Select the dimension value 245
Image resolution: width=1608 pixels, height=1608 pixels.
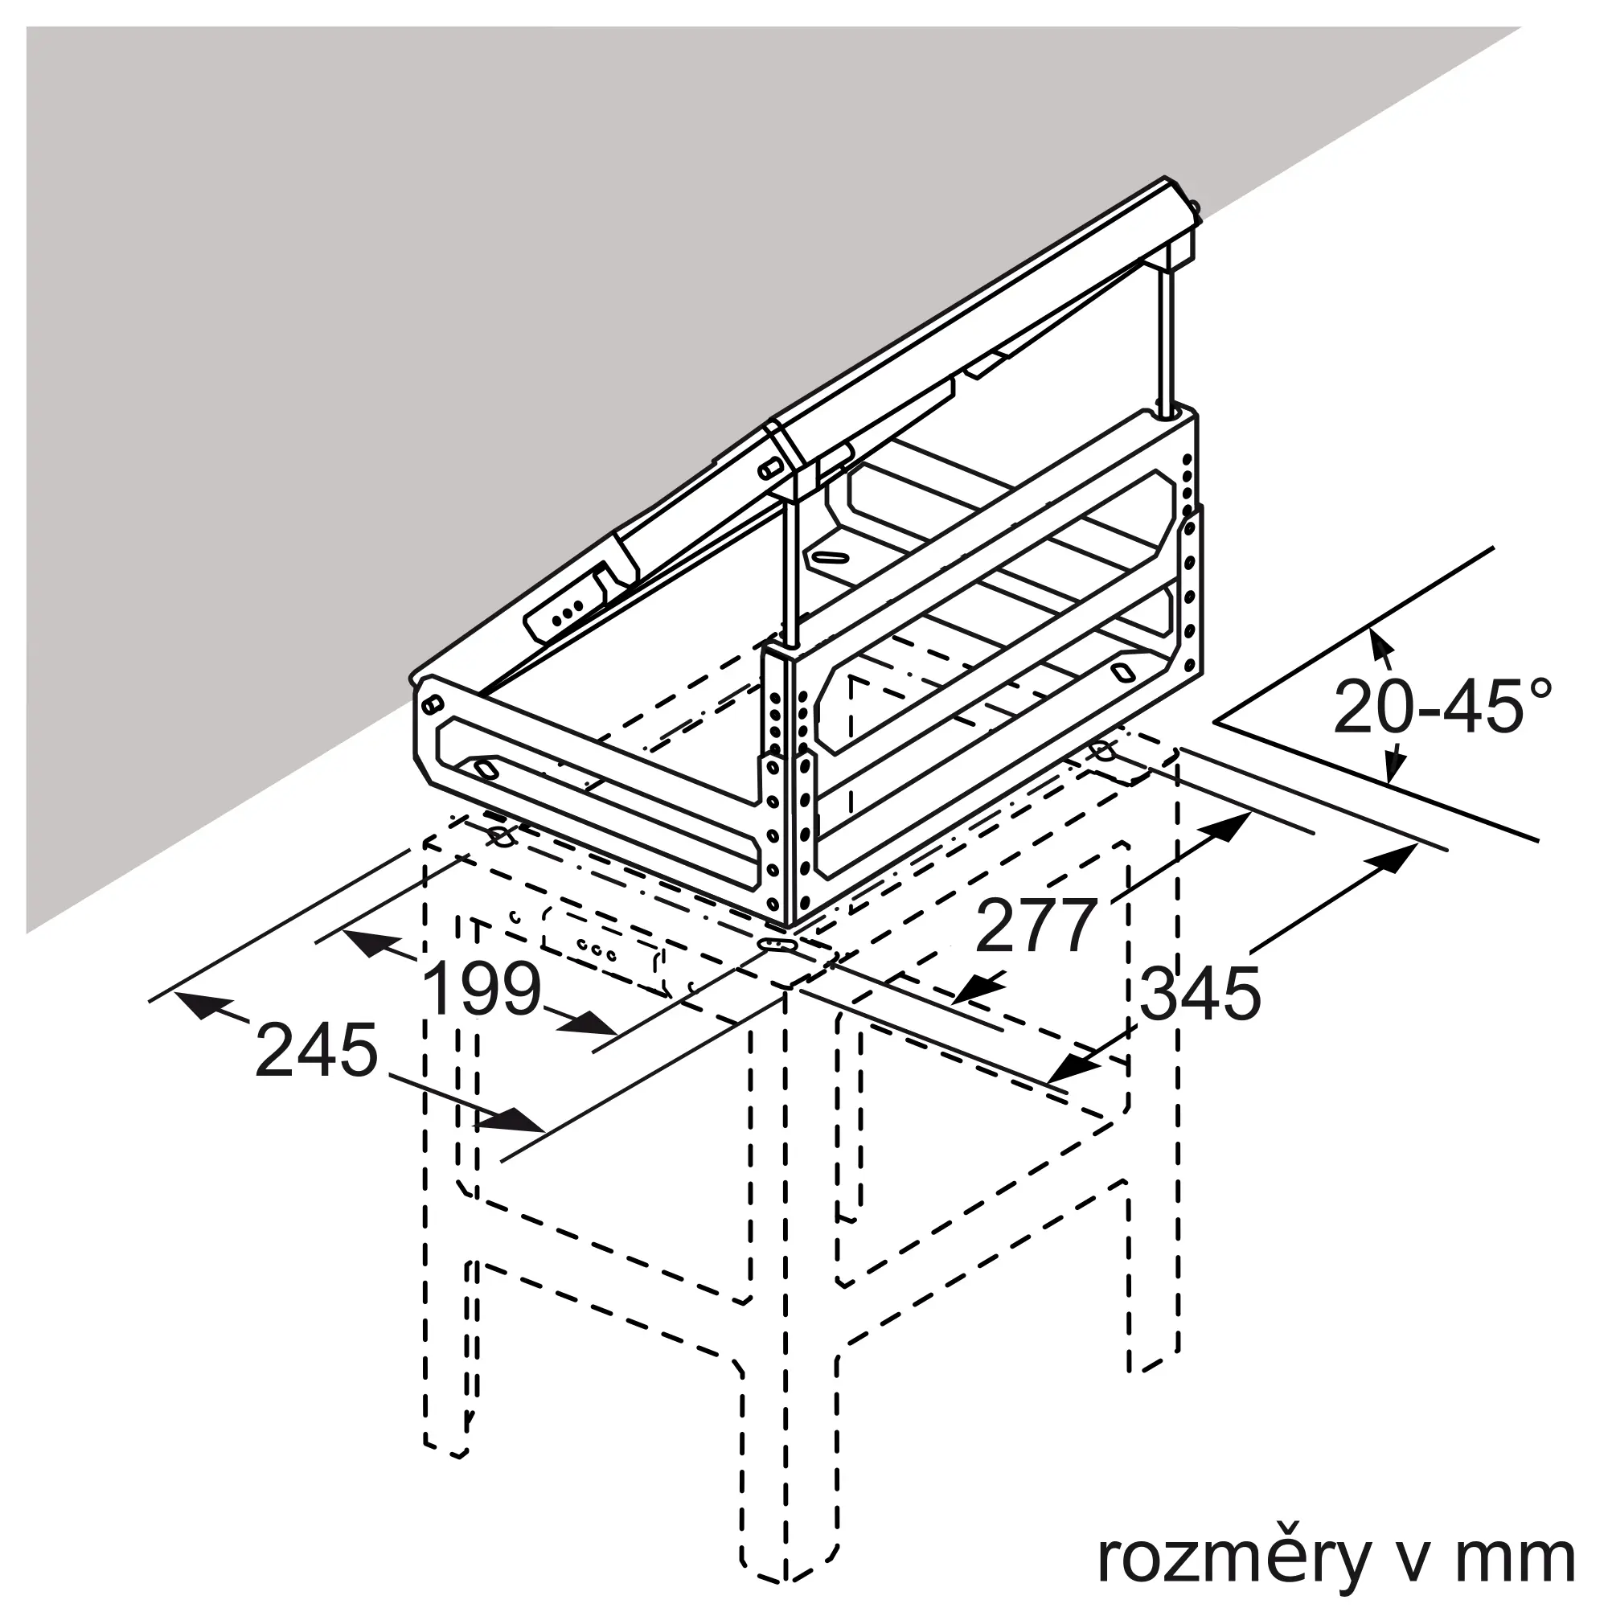316,1050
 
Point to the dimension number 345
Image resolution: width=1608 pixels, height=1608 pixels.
1200,994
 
